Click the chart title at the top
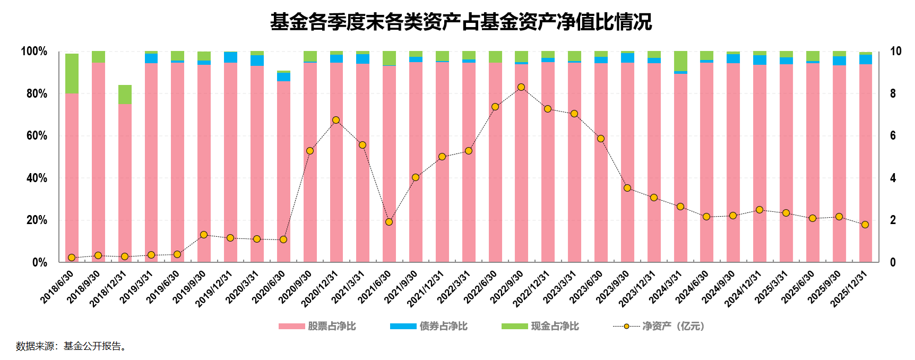coord(460,22)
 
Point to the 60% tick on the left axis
coord(37,136)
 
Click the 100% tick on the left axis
coord(34,52)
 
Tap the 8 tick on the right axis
coord(893,93)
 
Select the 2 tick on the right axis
coord(893,220)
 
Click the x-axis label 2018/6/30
coord(57,287)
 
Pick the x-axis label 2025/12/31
coord(849,289)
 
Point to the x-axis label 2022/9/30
coord(507,287)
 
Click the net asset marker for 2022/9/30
coord(521,87)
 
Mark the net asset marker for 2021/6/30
coord(389,222)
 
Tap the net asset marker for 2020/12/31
coord(336,120)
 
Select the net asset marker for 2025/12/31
coord(865,225)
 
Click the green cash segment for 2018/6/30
coord(72,73)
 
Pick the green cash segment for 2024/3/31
coord(680,61)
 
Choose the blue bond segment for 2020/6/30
coord(283,77)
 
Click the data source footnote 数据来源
coord(71,346)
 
